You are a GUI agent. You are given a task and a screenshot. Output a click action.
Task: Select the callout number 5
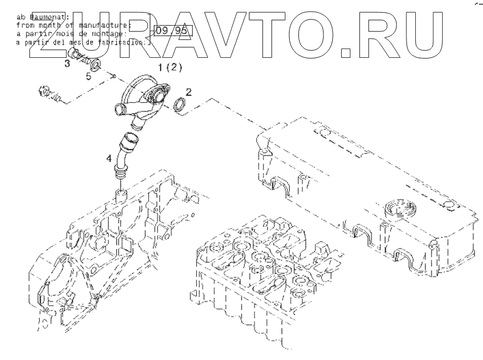coord(89,77)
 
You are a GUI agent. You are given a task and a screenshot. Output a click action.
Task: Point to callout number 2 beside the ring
coord(188,92)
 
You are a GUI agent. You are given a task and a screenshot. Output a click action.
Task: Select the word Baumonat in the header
coord(47,16)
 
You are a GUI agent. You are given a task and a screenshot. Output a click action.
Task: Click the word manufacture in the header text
coord(110,25)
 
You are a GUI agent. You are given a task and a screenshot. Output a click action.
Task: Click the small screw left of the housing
coord(46,94)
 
